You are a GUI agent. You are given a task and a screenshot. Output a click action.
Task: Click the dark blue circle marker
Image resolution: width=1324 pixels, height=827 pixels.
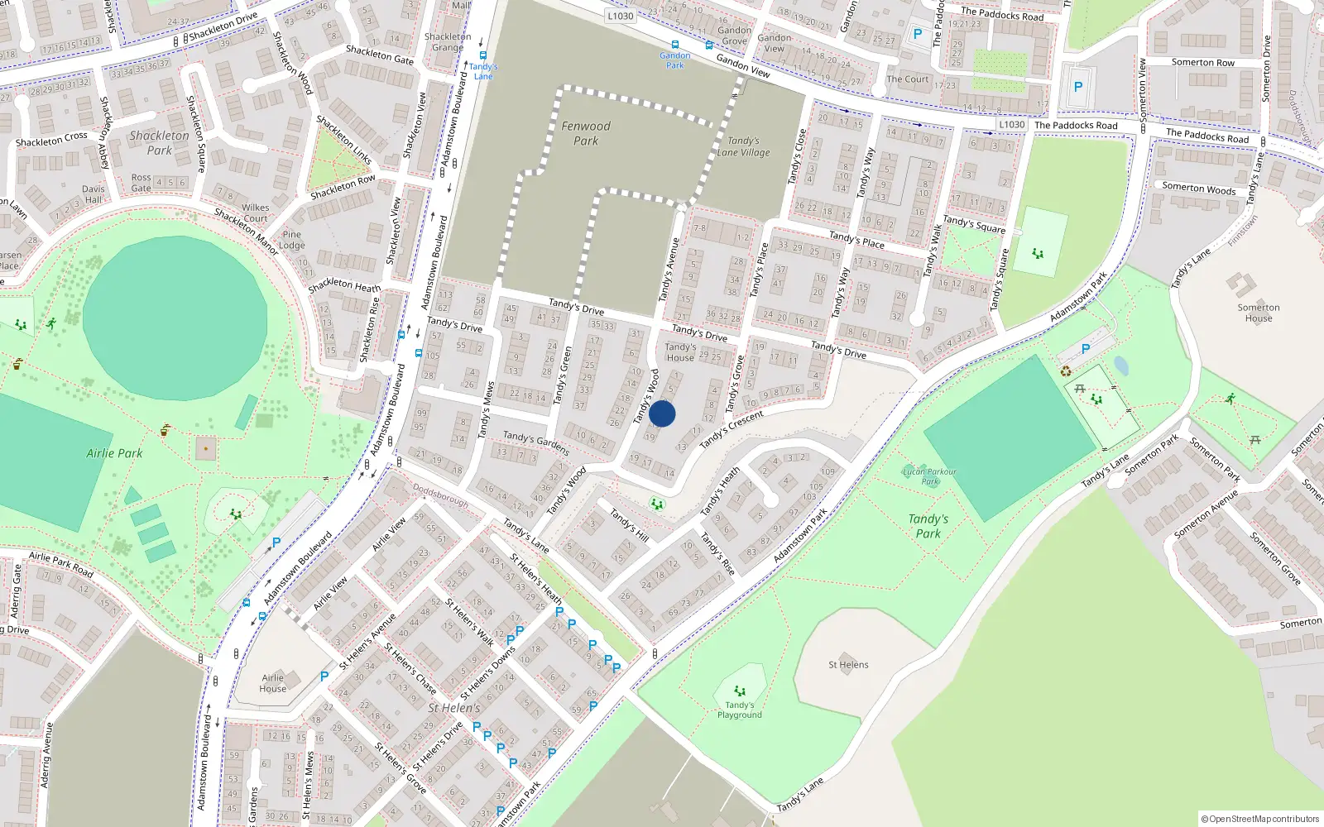[x=662, y=413]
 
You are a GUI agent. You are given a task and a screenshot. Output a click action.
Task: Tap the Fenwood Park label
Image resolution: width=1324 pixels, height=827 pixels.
[x=586, y=133]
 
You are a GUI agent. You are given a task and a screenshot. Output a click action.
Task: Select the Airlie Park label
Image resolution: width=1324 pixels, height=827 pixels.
[x=114, y=453]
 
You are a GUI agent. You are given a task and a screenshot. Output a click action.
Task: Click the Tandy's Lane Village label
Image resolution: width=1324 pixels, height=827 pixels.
[x=743, y=146]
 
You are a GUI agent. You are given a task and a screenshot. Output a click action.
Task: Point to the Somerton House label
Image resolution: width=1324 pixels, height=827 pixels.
[x=1259, y=313]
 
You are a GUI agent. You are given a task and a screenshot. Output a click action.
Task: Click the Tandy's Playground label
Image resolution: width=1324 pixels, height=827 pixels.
[x=740, y=710]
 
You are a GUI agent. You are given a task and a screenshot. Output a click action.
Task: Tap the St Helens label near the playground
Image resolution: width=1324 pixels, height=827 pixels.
[x=848, y=664]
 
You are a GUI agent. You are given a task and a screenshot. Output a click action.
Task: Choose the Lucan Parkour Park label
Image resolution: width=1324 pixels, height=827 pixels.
[x=929, y=476]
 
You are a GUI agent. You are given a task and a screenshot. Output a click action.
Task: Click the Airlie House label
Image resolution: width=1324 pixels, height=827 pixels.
[x=272, y=683]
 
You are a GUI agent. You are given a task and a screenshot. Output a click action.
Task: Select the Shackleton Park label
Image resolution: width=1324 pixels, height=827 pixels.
[x=159, y=142]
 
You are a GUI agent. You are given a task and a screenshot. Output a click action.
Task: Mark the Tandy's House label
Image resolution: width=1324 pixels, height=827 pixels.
[x=680, y=352]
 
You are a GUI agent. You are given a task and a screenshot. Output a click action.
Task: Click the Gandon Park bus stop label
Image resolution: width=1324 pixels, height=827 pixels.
[x=675, y=60]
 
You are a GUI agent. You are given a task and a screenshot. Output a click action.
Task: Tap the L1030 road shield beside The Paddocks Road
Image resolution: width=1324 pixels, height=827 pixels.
[x=1011, y=125]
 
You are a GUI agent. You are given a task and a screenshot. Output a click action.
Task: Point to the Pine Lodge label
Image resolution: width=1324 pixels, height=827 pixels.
[x=291, y=240]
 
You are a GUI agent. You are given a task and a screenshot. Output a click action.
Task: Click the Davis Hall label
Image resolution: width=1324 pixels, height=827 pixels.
[x=94, y=194]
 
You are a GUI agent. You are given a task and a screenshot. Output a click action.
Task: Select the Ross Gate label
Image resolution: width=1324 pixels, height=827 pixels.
[x=142, y=183]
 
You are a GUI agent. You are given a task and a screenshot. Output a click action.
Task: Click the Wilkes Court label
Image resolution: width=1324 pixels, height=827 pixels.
[x=256, y=213]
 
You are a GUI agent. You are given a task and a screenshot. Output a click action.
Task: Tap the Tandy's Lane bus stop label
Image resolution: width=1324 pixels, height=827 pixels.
[x=483, y=71]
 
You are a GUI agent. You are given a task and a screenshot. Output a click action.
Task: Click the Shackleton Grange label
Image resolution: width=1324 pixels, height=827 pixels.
[x=448, y=42]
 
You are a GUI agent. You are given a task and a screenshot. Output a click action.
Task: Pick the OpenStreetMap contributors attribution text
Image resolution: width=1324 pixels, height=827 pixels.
[x=1260, y=819]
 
